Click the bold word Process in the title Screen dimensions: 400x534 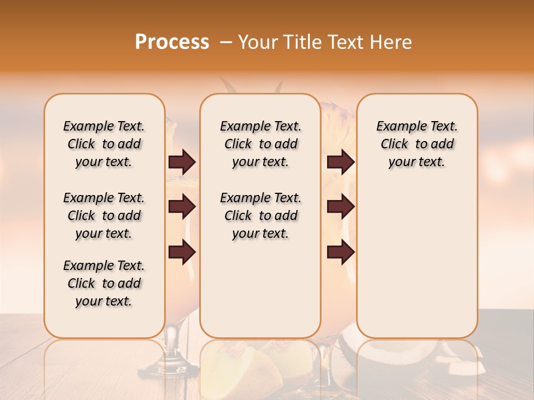[172, 42]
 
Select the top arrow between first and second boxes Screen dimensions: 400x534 [182, 162]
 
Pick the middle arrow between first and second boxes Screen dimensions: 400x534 [182, 207]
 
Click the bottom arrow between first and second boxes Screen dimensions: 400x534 [182, 252]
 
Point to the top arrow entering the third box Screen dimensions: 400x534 [340, 162]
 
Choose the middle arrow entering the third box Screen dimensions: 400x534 [340, 207]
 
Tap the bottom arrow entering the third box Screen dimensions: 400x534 [340, 252]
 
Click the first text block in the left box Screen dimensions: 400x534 [104, 144]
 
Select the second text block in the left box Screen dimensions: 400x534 [104, 216]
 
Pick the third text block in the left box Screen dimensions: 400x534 [104, 283]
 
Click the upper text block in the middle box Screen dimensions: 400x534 [261, 144]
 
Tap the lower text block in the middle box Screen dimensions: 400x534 [261, 216]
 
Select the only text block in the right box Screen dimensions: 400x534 [417, 144]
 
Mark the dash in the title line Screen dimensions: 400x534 [225, 42]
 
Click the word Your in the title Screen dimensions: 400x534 [258, 42]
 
